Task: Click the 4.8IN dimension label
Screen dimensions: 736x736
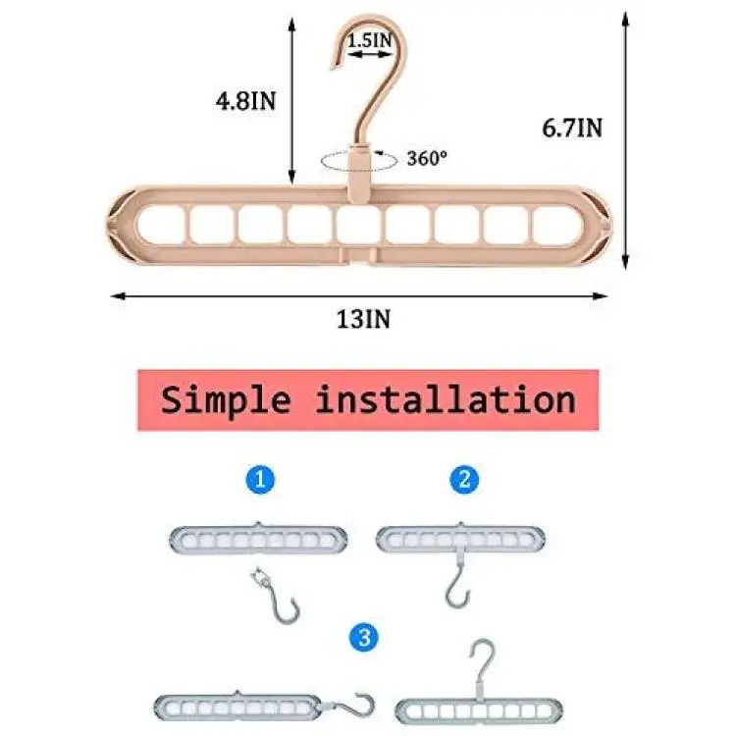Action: [x=245, y=101]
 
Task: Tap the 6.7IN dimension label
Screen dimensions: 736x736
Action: [x=572, y=128]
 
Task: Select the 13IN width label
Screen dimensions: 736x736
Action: [x=363, y=319]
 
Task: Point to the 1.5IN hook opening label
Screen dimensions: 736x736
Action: [x=369, y=40]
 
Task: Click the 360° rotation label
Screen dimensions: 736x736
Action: [x=427, y=158]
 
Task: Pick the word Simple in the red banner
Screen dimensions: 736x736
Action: [x=226, y=400]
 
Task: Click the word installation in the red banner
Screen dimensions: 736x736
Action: [x=446, y=399]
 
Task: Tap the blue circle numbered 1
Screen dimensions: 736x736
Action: [x=260, y=479]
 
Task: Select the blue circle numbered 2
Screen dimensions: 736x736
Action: [x=464, y=479]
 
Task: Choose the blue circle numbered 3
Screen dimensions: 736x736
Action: [x=364, y=638]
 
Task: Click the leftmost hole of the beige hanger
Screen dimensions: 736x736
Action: [x=162, y=225]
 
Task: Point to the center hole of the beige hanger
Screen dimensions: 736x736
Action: [x=359, y=225]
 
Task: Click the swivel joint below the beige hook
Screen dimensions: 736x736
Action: [x=359, y=174]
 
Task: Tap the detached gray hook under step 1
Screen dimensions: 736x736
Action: [x=276, y=596]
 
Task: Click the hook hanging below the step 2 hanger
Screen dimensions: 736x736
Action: [x=457, y=581]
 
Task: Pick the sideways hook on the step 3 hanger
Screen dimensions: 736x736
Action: [x=348, y=706]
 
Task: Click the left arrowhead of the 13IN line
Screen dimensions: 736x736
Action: [x=119, y=295]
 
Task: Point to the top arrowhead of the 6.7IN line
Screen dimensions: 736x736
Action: [x=625, y=20]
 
